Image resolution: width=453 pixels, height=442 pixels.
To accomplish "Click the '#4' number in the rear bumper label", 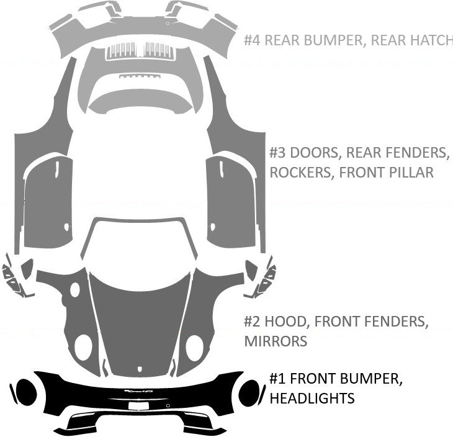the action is click(253, 40).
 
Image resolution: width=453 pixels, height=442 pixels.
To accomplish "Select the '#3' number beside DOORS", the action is click(278, 153).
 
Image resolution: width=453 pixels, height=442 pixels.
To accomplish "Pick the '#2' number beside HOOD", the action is click(253, 322).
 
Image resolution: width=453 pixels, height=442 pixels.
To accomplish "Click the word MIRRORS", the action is click(276, 341).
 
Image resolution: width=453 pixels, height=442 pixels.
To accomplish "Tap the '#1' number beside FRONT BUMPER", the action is click(277, 378).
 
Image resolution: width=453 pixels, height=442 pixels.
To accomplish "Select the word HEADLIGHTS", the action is click(312, 397).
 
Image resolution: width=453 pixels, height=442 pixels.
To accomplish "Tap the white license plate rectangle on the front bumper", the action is click(138, 405).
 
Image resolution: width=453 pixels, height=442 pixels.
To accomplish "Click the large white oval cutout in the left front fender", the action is click(83, 346).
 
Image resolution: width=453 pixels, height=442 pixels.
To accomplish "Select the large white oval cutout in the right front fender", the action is click(194, 346).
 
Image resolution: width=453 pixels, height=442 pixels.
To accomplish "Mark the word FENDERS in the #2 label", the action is click(395, 322).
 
